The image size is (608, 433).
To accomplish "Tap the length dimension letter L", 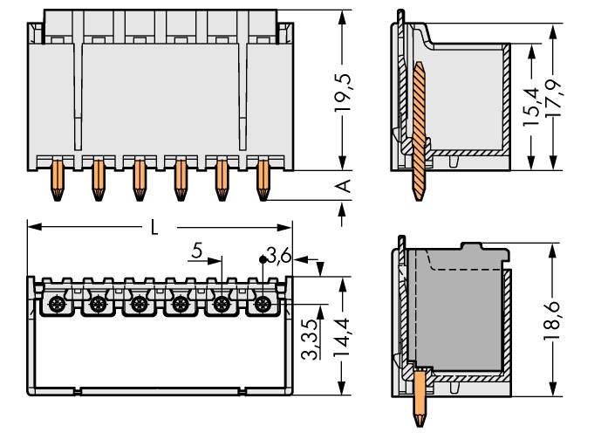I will pos(154,228).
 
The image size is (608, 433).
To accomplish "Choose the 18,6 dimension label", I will pos(554,320).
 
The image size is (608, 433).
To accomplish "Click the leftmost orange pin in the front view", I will pos(56,178).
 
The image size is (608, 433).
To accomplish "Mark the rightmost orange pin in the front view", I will pos(263,178).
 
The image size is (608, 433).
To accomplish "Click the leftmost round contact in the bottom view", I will pos(56,305).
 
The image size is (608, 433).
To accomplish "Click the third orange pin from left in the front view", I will pos(139,178).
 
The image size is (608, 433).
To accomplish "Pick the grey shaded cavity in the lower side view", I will pos(454,306).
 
